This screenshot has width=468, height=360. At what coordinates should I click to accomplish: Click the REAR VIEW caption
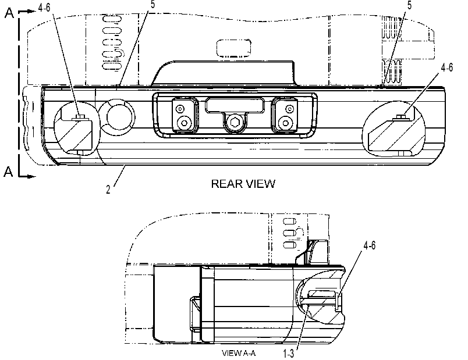coord(243,184)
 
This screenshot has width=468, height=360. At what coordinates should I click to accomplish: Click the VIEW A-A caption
coord(239,353)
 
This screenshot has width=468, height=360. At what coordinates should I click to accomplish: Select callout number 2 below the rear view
coord(108,190)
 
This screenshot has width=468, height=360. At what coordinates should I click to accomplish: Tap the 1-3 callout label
coord(288,354)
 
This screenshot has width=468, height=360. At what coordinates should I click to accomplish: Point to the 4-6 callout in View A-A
coord(369,245)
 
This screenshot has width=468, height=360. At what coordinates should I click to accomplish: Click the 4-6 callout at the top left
coord(44,8)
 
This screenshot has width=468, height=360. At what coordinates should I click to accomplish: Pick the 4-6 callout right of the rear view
coord(447,67)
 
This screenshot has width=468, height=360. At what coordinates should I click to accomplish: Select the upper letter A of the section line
coord(9,13)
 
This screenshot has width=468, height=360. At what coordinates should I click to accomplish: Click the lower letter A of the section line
coord(8,172)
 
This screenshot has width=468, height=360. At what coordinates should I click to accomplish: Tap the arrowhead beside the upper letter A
coord(31,11)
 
